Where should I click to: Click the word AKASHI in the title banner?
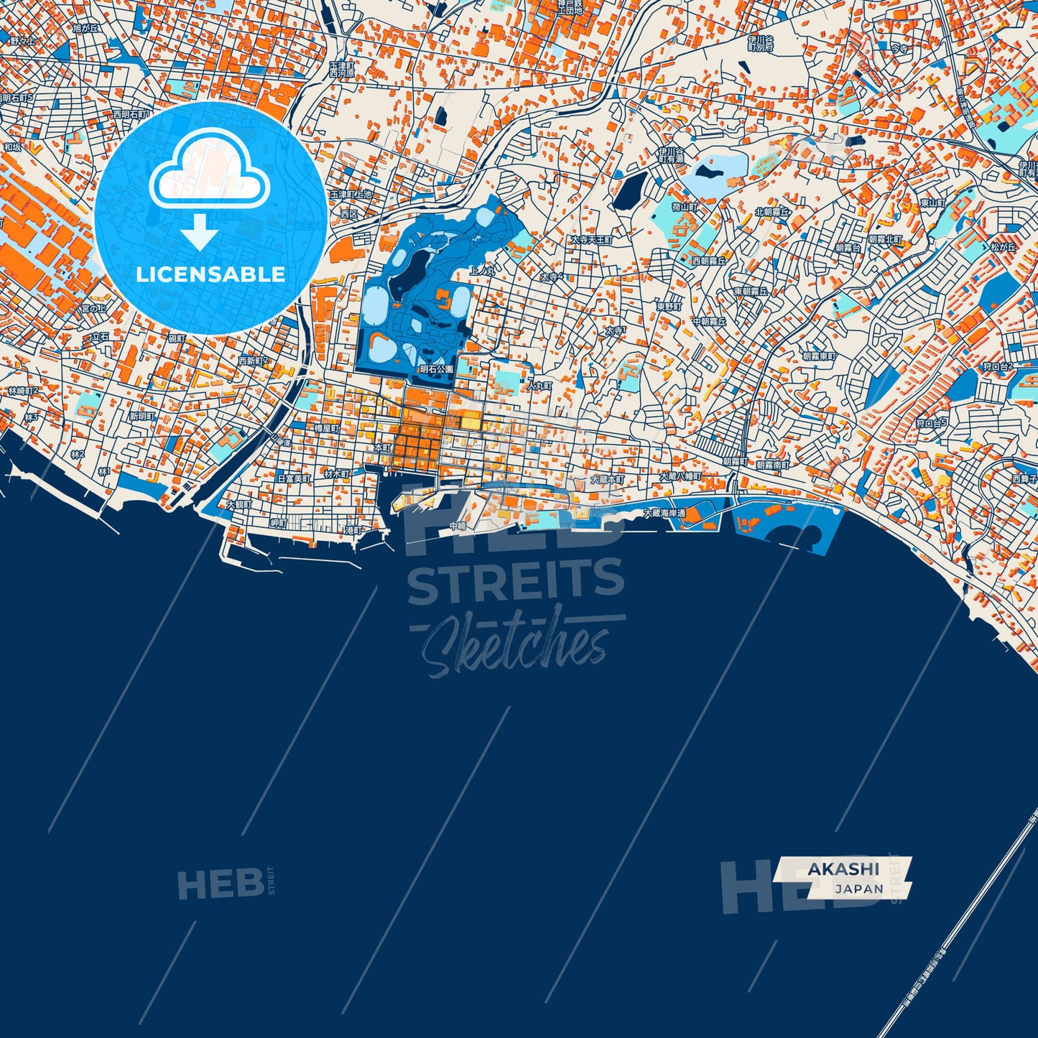click(843, 868)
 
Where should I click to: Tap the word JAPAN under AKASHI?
click(859, 889)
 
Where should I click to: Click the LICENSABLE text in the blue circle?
click(210, 274)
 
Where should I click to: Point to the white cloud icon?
click(209, 177)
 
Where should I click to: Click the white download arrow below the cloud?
click(200, 231)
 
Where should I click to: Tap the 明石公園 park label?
click(437, 369)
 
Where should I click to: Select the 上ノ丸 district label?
click(481, 271)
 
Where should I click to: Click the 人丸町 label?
click(539, 386)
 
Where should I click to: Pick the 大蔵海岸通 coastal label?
click(664, 514)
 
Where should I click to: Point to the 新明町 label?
click(142, 417)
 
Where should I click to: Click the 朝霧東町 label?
click(819, 356)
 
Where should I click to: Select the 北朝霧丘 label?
click(771, 213)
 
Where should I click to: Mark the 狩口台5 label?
click(932, 423)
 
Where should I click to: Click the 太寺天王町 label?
click(592, 239)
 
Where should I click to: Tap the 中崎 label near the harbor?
click(458, 527)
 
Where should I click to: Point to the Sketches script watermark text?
click(516, 643)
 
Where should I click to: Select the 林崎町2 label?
click(24, 391)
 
